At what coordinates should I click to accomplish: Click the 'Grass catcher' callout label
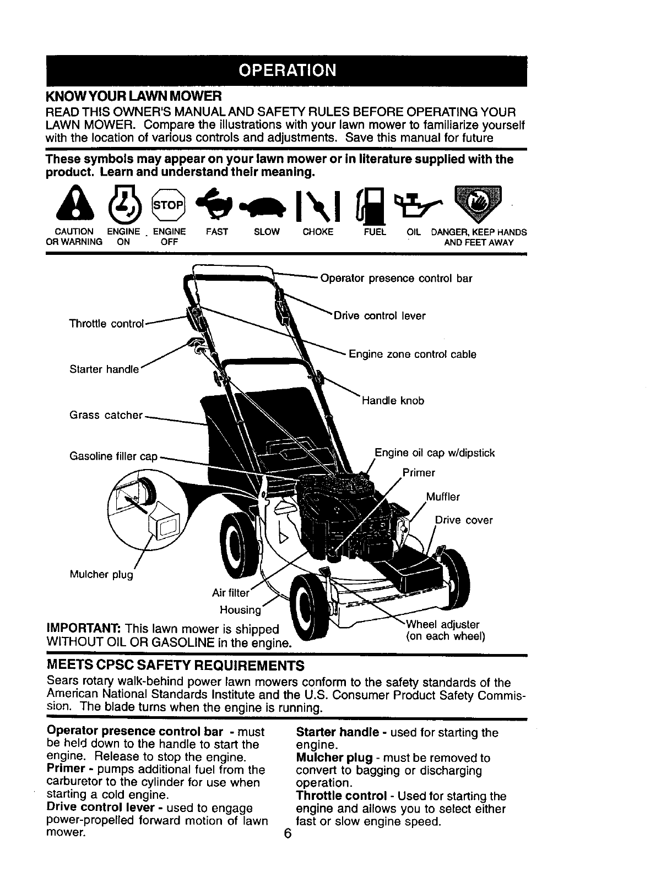click(106, 415)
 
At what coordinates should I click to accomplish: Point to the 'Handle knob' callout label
click(393, 401)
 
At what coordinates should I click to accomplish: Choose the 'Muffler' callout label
click(443, 497)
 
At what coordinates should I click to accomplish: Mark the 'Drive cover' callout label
click(464, 520)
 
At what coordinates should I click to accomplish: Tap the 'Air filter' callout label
click(231, 593)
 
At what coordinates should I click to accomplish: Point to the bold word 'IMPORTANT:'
click(84, 629)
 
